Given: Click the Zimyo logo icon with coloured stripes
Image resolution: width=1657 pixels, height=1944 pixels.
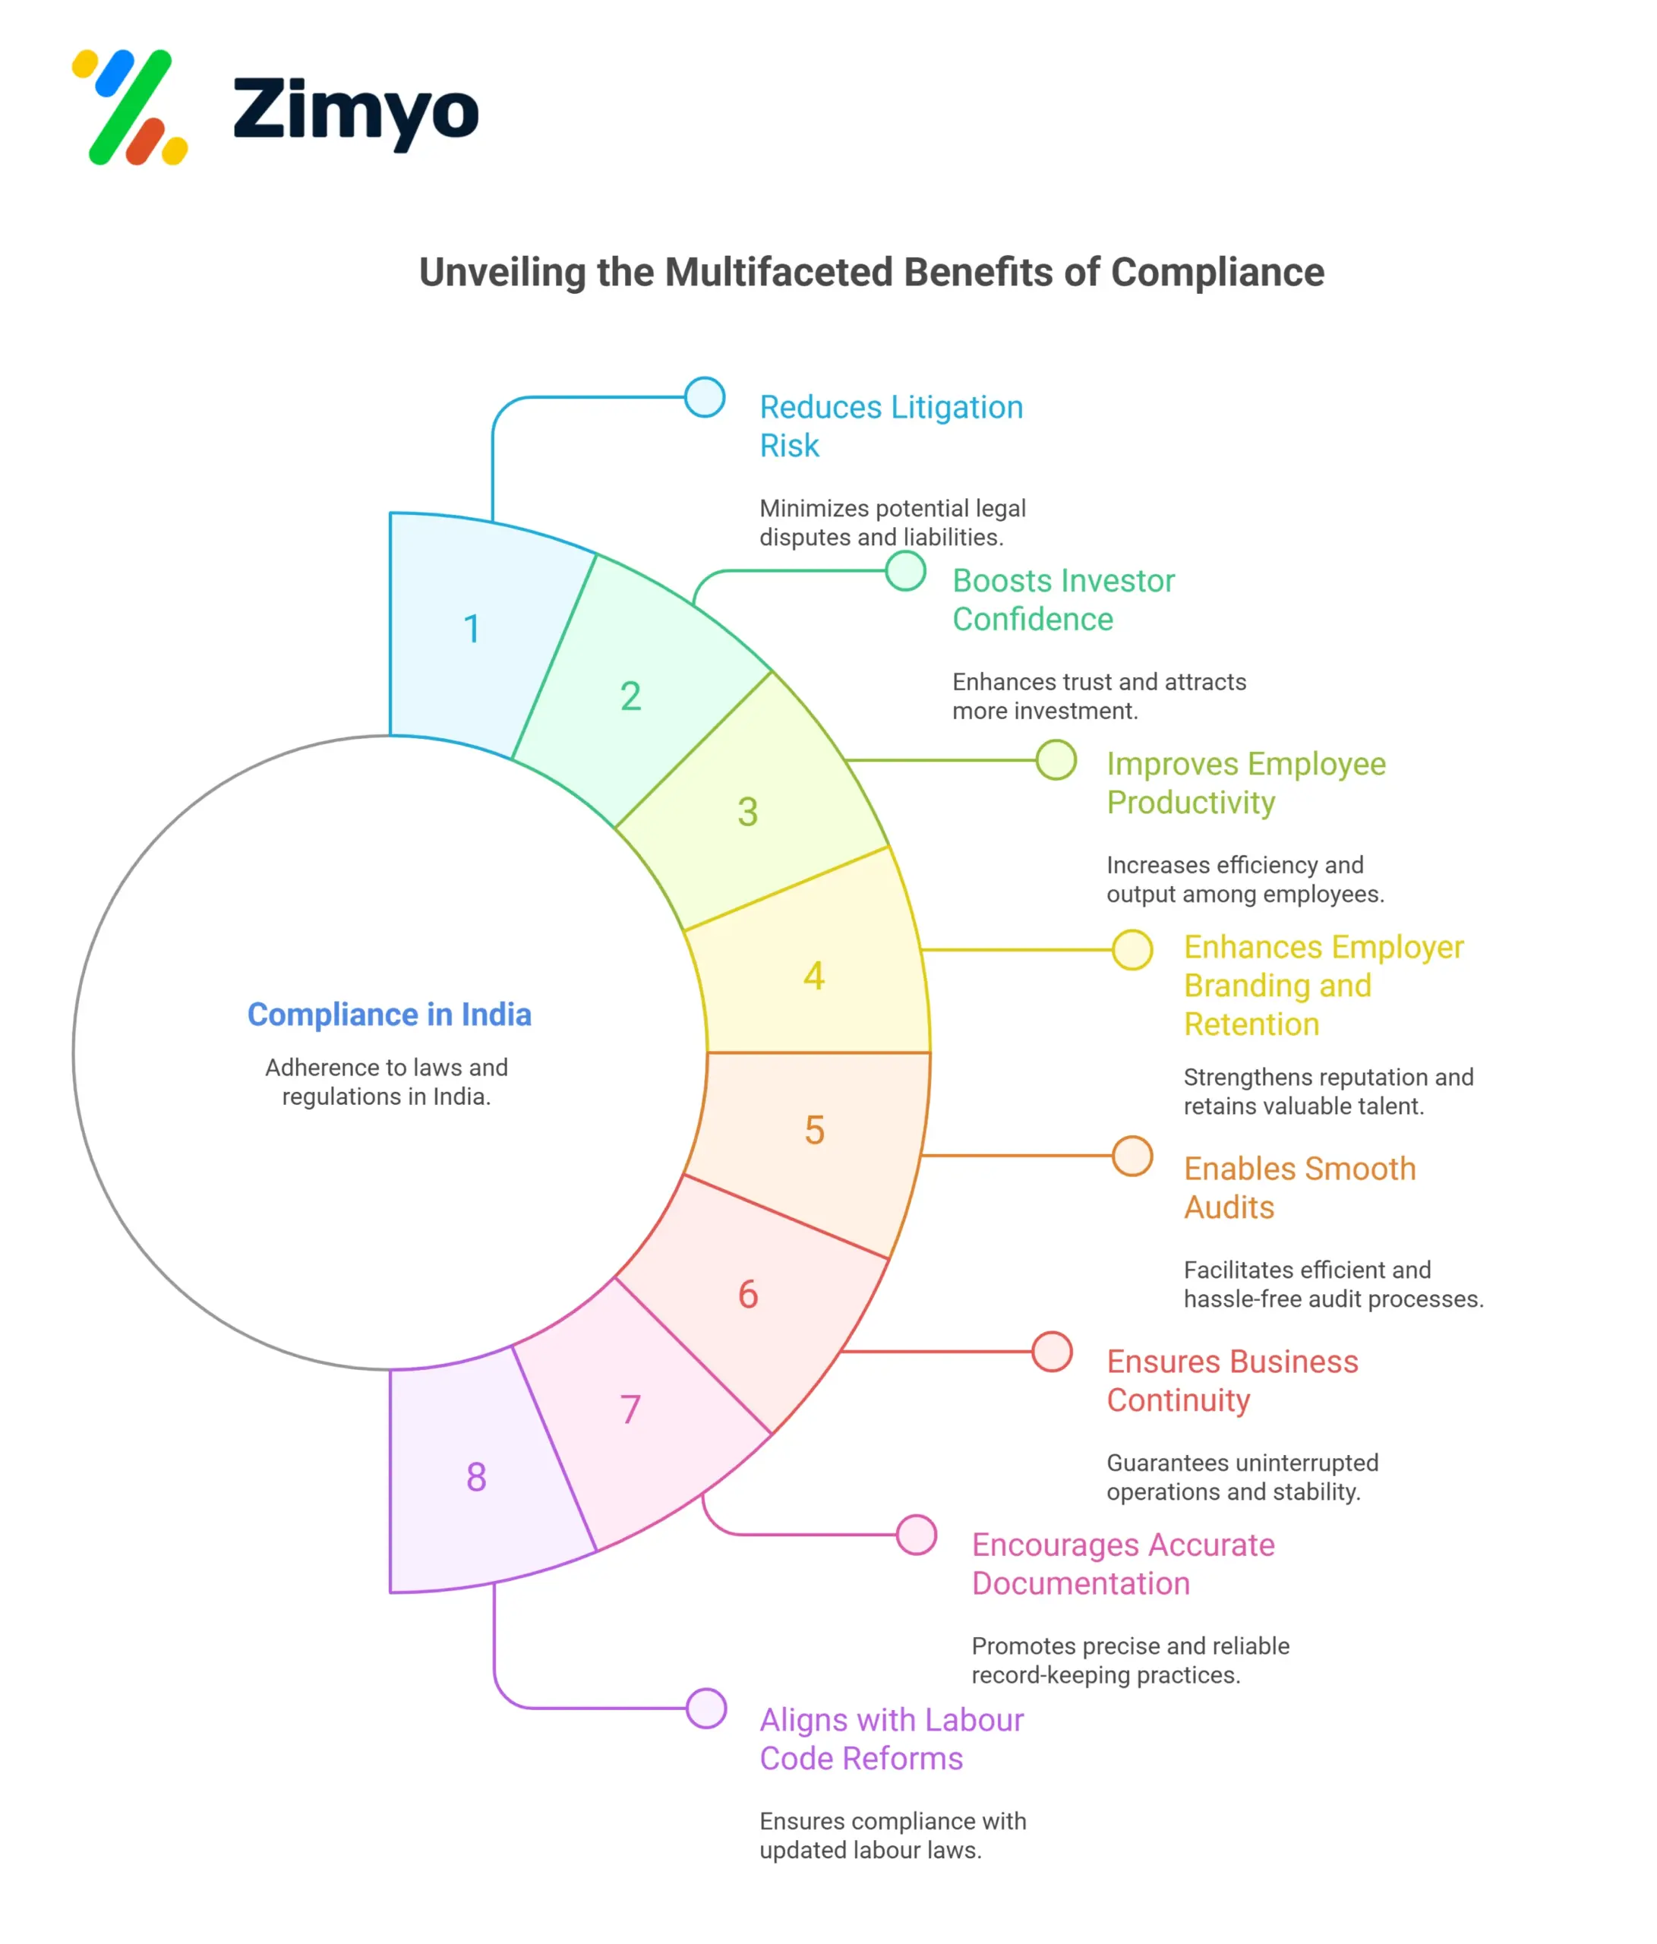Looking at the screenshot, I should coord(131,107).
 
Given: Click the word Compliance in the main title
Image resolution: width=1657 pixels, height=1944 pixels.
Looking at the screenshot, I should coord(1217,272).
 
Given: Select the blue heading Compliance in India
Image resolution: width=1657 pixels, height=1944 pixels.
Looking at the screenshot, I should coord(390,1015).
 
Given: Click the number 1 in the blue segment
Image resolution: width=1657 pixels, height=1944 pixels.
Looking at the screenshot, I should coord(472,629).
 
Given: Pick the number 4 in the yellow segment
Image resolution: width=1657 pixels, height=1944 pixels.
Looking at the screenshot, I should coord(813,976).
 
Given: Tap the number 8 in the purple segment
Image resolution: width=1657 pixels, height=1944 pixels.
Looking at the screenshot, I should coord(475,1477).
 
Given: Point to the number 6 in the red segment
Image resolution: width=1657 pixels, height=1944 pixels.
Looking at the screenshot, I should coord(748,1295).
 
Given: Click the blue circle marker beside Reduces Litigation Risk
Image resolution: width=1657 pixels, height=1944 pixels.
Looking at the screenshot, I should coord(704,397).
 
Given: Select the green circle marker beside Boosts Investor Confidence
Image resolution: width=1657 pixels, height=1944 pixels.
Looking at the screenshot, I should coord(905,570).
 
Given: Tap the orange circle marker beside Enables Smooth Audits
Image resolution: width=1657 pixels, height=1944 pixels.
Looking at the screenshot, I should coord(1132,1156).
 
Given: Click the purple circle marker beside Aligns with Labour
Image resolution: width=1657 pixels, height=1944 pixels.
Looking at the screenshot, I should coord(705,1708).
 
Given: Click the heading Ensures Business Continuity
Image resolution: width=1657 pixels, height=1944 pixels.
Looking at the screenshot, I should coord(1232,1380).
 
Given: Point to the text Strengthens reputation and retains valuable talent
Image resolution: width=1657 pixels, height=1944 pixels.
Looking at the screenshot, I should coord(1327,1091).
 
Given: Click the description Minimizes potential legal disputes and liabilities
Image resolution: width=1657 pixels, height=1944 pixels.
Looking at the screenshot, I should coord(892,522).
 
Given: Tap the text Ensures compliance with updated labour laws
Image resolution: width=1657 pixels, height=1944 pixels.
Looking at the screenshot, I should coord(892,1835).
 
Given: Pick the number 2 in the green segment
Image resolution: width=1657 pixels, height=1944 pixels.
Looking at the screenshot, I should coord(630,696).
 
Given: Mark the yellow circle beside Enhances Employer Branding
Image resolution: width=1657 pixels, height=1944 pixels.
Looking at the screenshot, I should coord(1132,949).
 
